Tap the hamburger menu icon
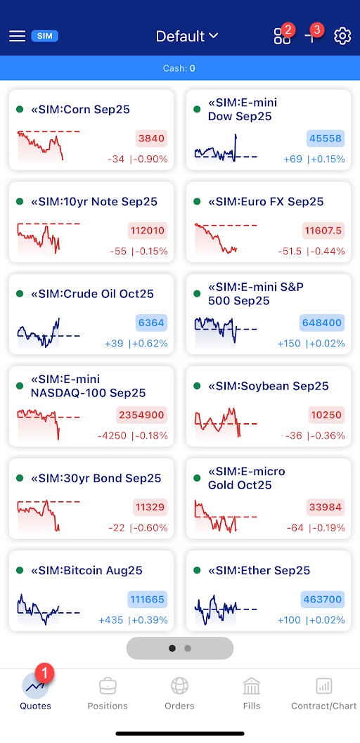[17, 36]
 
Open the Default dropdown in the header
[187, 36]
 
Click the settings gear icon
[342, 36]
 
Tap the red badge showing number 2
[287, 30]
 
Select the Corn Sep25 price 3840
[152, 138]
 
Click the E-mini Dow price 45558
[325, 138]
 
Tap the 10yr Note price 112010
[148, 231]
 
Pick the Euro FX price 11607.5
[324, 231]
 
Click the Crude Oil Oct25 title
[92, 294]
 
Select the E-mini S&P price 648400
[323, 323]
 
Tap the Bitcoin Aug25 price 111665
[148, 600]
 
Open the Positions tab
[108, 692]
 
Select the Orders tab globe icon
[180, 685]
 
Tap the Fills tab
[252, 692]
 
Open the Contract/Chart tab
[323, 692]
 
